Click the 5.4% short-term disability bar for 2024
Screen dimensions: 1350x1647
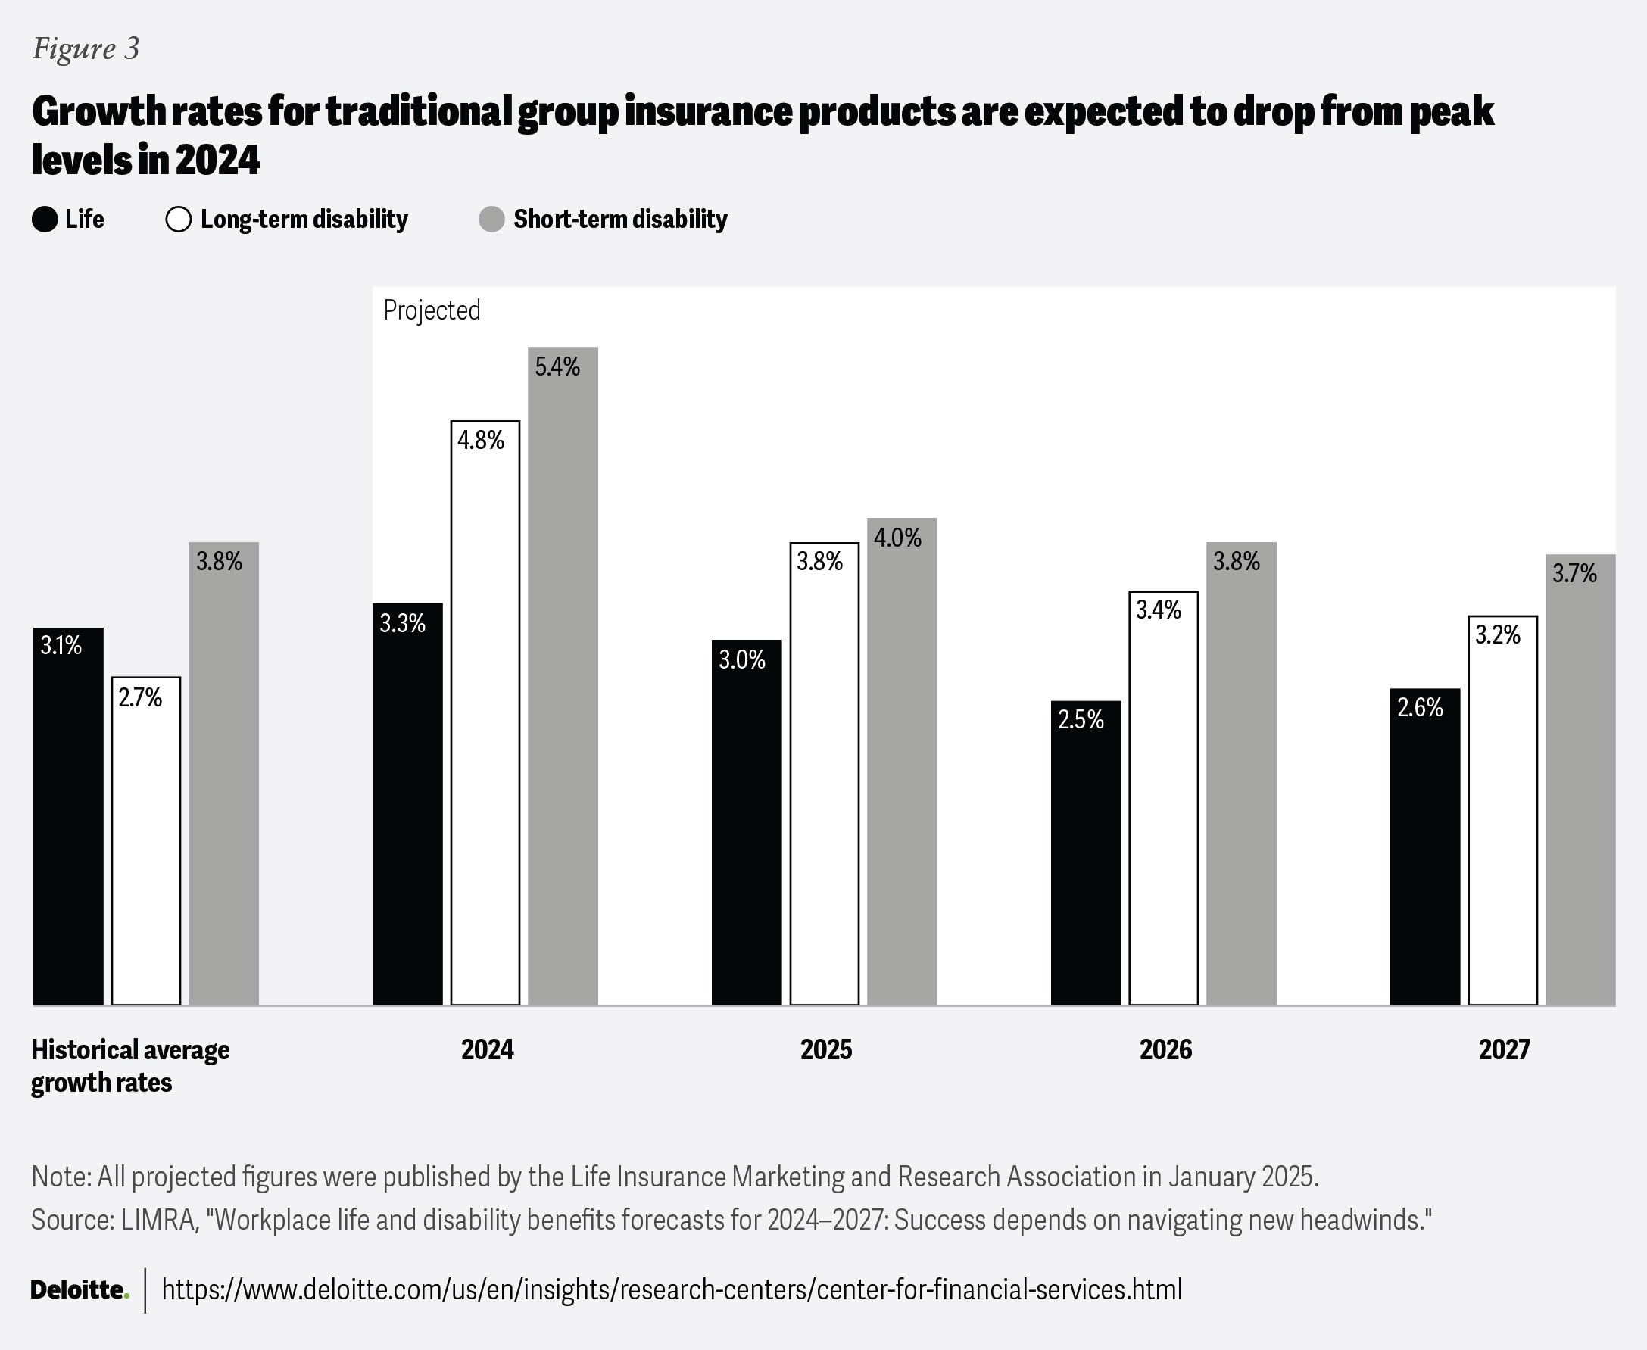563,677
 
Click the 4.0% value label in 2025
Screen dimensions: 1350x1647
897,538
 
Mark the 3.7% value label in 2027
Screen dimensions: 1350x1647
1574,574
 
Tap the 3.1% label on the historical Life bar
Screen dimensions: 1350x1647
61,645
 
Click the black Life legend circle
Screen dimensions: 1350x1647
45,220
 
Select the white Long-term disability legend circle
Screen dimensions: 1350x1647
179,220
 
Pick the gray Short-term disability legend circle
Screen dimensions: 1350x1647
491,220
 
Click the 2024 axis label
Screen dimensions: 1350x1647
488,1050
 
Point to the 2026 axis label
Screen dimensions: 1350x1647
1165,1050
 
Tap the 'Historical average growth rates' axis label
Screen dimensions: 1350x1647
129,1066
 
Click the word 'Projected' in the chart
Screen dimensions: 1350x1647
432,310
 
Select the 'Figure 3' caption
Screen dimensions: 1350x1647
86,48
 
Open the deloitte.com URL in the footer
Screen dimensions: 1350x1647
671,1290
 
